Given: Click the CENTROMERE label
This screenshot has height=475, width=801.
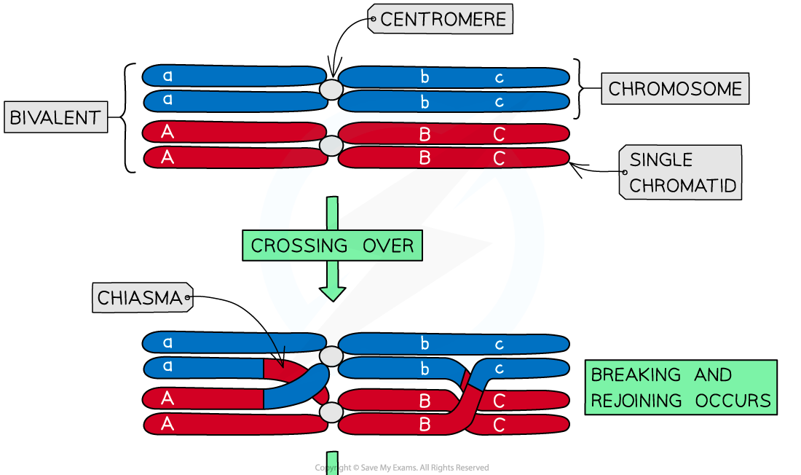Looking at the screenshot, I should click(x=441, y=20).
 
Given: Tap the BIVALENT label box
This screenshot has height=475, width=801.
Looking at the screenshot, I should click(x=55, y=117).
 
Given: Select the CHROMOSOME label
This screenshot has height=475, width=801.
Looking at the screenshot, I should click(x=675, y=89).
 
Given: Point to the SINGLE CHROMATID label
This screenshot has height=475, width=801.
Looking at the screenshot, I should click(x=682, y=173).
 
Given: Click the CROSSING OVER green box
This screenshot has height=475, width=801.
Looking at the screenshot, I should click(x=332, y=246).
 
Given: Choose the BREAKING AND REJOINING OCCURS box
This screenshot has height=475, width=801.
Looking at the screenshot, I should click(x=680, y=388).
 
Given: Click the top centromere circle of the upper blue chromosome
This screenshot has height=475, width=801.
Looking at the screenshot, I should click(x=331, y=90).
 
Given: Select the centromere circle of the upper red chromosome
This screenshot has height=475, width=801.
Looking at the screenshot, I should click(x=331, y=146).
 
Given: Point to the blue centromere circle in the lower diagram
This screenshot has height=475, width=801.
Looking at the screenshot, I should click(x=331, y=356).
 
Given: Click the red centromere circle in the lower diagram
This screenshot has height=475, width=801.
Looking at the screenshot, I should click(x=331, y=413).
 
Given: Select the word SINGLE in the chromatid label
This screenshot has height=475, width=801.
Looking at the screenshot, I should click(x=660, y=160).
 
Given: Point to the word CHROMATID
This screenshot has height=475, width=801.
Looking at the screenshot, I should click(x=682, y=186).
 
